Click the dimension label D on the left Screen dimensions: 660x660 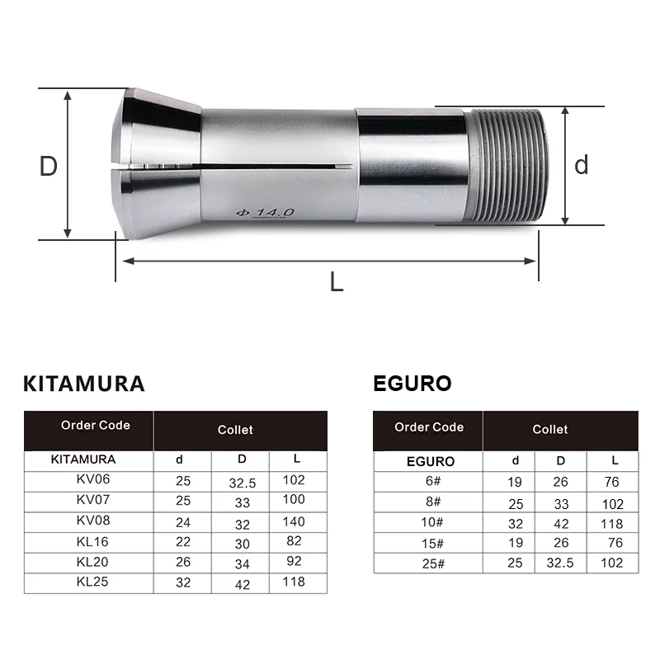[x=49, y=167]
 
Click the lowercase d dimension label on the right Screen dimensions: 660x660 [x=582, y=165]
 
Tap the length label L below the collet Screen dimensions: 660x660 [x=336, y=282]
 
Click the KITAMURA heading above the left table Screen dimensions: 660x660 [x=84, y=384]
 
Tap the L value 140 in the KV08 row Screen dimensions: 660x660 [x=293, y=521]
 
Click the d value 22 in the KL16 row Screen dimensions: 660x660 [x=183, y=542]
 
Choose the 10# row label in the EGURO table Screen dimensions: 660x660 [x=428, y=523]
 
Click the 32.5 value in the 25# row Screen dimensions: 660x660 [x=559, y=563]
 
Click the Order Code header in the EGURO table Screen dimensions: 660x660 [x=428, y=427]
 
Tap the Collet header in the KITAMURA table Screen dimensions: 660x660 [x=235, y=430]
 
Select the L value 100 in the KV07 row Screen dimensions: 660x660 [x=293, y=500]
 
